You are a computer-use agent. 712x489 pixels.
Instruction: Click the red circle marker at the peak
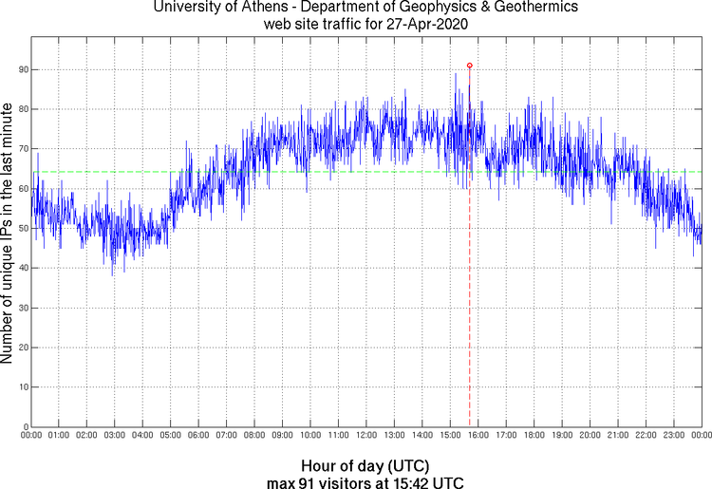click(469, 66)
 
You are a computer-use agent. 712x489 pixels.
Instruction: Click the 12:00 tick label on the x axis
click(365, 436)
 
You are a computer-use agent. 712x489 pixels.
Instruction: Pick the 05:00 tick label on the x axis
click(170, 436)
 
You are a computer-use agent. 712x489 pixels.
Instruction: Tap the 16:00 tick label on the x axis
click(478, 436)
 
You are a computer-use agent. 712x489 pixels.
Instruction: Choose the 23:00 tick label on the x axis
click(673, 436)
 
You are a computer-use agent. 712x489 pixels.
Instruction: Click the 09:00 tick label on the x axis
click(282, 436)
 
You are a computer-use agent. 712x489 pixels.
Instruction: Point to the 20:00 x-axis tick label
click(590, 436)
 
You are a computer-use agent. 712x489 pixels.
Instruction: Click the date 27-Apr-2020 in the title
click(423, 23)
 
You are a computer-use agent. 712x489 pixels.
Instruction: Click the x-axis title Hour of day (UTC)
click(365, 466)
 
